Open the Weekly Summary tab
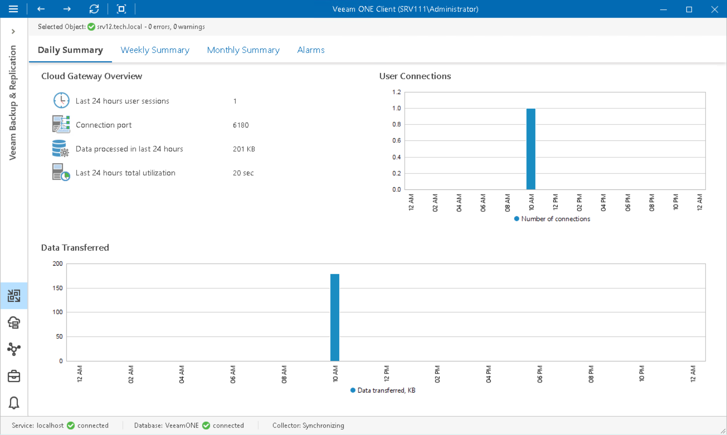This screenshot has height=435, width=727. click(x=155, y=50)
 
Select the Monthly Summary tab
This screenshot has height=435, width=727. click(x=243, y=50)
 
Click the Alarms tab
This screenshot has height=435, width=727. click(x=311, y=50)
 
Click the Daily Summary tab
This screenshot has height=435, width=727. click(x=70, y=50)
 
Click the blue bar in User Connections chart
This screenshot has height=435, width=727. click(x=530, y=149)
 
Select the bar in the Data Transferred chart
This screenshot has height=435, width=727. click(x=335, y=317)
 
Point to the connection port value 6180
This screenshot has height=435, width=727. click(x=241, y=125)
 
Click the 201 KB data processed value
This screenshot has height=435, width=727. click(x=244, y=149)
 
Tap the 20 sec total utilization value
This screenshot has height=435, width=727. click(x=243, y=173)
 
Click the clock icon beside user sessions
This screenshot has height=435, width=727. click(x=61, y=100)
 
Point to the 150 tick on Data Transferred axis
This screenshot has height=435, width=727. click(x=58, y=288)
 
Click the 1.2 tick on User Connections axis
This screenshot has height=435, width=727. click(x=396, y=92)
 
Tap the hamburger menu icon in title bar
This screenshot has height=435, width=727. click(x=13, y=9)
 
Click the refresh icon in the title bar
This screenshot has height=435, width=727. click(x=94, y=9)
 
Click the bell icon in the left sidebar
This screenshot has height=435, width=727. click(x=14, y=403)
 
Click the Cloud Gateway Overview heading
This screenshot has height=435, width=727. click(x=91, y=76)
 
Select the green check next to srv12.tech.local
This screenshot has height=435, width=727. click(x=91, y=27)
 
